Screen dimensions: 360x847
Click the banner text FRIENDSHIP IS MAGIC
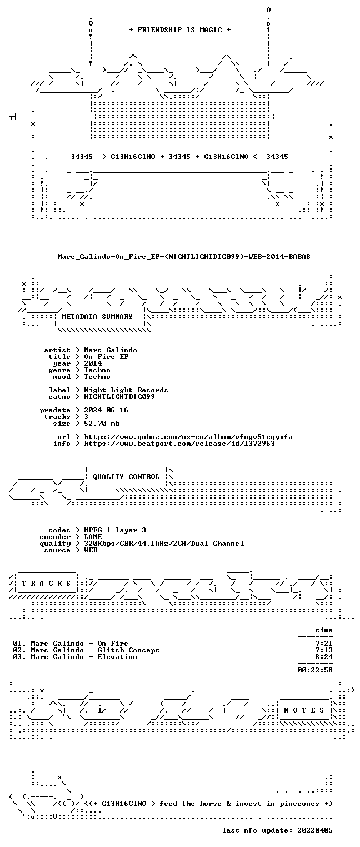pyautogui.click(x=179, y=30)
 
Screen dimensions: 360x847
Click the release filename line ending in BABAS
pyautogui.click(x=184, y=257)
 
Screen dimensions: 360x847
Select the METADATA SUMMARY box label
pyautogui.click(x=97, y=316)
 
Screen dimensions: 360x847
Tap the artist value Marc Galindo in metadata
pyautogui.click(x=111, y=350)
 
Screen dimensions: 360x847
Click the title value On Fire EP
pyautogui.click(x=106, y=357)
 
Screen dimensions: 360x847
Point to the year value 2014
pyautogui.click(x=93, y=363)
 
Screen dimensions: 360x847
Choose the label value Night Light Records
pyautogui.click(x=126, y=390)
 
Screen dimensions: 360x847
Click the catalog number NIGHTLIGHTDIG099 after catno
pyautogui.click(x=119, y=397)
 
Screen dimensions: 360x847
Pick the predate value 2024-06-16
pyautogui.click(x=106, y=410)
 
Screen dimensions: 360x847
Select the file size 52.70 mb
pyautogui.click(x=102, y=423)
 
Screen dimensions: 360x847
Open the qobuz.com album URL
pyautogui.click(x=188, y=437)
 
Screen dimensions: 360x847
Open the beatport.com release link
pyautogui.click(x=179, y=444)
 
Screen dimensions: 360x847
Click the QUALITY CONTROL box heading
pyautogui.click(x=126, y=477)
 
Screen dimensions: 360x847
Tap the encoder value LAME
pyautogui.click(x=93, y=537)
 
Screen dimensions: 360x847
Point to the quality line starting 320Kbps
pyautogui.click(x=164, y=544)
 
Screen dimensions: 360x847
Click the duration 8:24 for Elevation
pyautogui.click(x=324, y=657)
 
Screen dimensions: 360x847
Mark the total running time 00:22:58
pyautogui.click(x=315, y=670)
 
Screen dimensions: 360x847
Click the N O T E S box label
pyautogui.click(x=304, y=710)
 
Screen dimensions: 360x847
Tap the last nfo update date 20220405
pyautogui.click(x=315, y=830)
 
